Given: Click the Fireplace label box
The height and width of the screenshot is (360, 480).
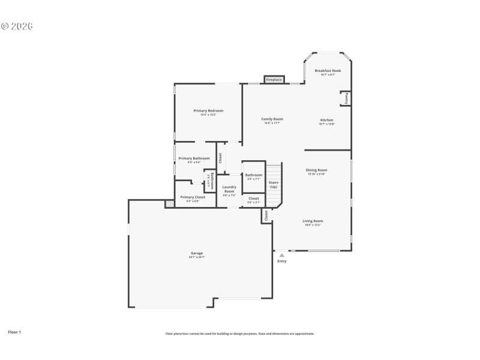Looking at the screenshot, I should (x=274, y=80).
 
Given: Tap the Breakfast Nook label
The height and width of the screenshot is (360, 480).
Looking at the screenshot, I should (x=328, y=71).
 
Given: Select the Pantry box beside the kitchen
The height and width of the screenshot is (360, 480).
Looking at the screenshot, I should (x=346, y=98).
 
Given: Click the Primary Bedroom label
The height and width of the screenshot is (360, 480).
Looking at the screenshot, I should (x=208, y=111).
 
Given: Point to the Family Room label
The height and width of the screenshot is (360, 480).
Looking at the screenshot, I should (x=272, y=119).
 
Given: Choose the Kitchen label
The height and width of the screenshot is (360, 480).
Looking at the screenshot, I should (x=326, y=120).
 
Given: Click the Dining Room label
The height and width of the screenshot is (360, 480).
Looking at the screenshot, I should (x=316, y=170).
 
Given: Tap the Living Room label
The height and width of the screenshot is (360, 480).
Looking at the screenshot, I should (x=313, y=221).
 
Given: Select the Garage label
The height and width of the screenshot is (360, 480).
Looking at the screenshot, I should (x=197, y=253).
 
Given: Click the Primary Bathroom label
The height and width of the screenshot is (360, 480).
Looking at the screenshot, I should (x=194, y=158).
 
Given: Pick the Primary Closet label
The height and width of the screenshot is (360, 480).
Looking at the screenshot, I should (x=193, y=197).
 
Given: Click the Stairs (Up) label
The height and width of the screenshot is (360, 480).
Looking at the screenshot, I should (x=274, y=184).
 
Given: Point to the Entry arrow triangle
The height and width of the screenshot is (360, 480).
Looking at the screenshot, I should (x=281, y=255).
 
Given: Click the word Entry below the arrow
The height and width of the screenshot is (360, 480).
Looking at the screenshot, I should (x=281, y=261).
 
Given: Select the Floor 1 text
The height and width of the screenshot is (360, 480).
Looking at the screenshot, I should (x=14, y=331).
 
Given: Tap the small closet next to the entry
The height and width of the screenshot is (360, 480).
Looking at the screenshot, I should (x=266, y=215).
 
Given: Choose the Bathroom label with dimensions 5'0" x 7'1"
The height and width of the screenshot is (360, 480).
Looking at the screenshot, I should (x=253, y=175).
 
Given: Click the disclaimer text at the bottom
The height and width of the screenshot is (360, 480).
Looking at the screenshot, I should (x=239, y=334).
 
